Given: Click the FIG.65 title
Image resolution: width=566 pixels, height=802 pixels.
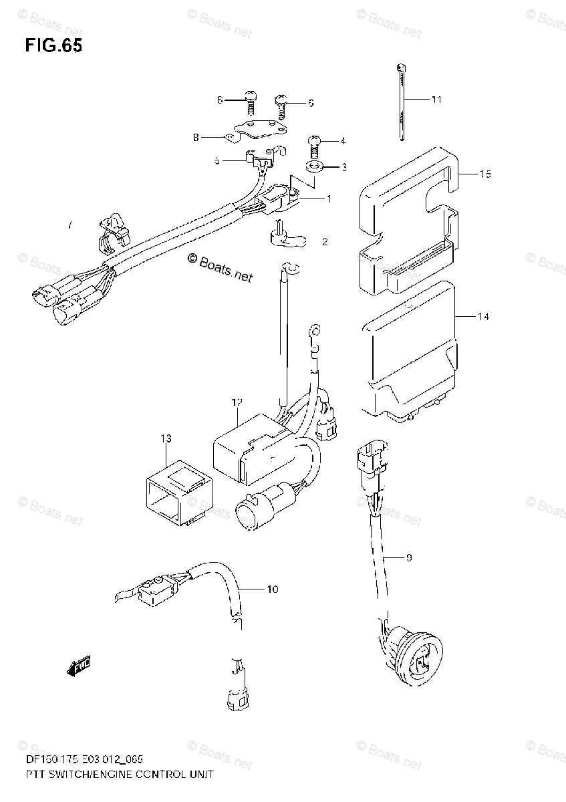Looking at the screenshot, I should [53, 47].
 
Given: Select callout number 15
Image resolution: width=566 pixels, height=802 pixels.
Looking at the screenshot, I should [485, 174].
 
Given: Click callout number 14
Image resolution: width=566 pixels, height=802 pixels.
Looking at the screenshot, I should [482, 316].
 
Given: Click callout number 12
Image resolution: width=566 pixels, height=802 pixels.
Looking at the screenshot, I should [236, 402].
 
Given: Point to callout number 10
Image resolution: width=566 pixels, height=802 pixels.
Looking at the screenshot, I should [272, 589].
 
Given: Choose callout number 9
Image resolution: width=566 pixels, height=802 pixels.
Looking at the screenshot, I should [409, 557].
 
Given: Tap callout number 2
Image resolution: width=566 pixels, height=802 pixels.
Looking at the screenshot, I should [325, 242].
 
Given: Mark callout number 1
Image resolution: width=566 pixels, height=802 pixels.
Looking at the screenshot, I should [328, 198].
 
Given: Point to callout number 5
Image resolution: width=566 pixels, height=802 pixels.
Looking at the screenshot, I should [217, 160].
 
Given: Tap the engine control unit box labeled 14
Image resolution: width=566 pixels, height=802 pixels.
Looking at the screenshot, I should [408, 354].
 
